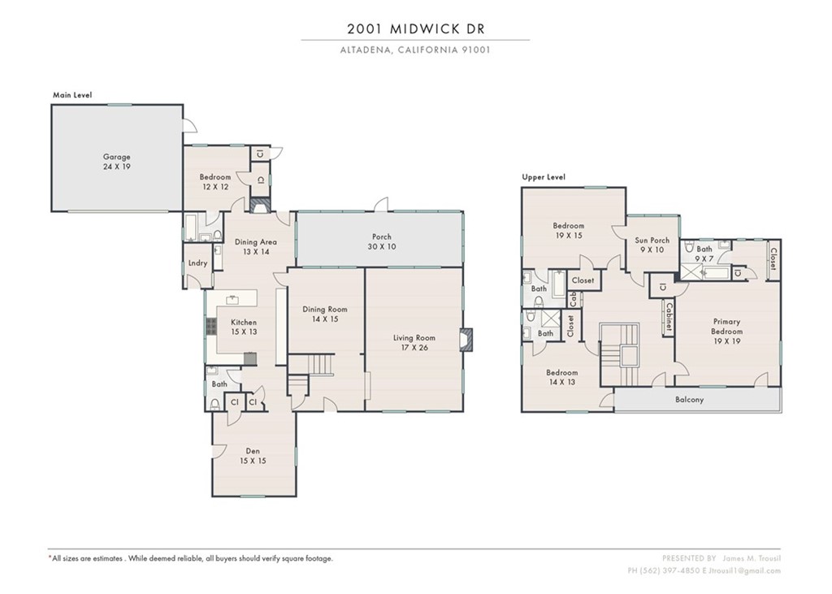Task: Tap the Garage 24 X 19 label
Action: click(x=116, y=162)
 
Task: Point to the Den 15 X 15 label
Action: click(x=253, y=456)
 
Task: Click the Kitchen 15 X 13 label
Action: click(x=243, y=327)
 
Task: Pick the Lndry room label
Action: click(x=197, y=263)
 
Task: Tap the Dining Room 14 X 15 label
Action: click(x=325, y=314)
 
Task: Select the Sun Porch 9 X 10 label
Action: click(x=652, y=245)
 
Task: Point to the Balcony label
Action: click(x=689, y=400)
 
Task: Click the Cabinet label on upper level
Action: click(x=668, y=316)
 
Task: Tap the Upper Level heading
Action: click(x=544, y=177)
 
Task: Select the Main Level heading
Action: click(x=72, y=95)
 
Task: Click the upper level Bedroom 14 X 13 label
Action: click(x=561, y=376)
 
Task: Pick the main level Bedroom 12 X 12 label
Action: click(x=215, y=182)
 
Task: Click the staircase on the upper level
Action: click(x=621, y=353)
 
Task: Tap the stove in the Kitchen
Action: click(x=212, y=327)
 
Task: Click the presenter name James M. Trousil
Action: click(x=751, y=558)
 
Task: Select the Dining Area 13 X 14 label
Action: click(x=256, y=246)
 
